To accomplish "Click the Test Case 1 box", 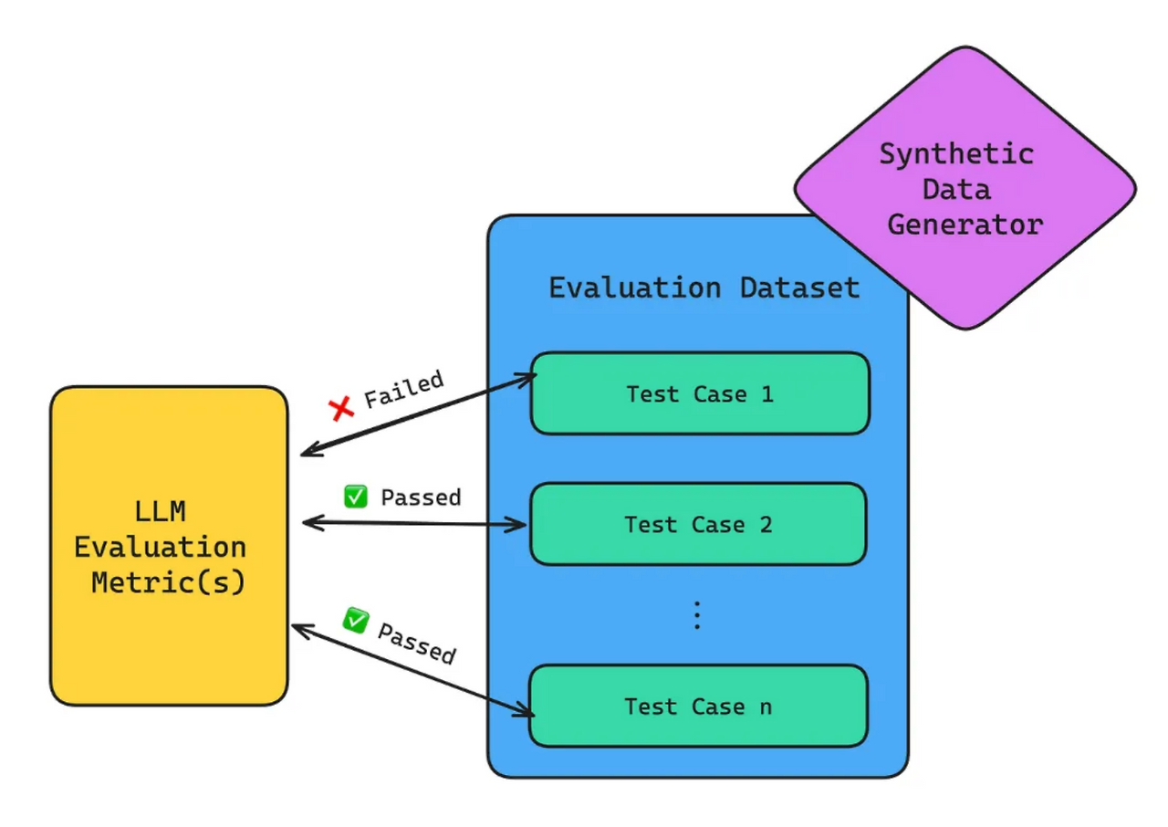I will pyautogui.click(x=700, y=393).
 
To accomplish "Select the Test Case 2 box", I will pyautogui.click(x=698, y=524).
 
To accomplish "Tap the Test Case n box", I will pyautogui.click(x=698, y=706).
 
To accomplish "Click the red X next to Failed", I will pyautogui.click(x=342, y=408).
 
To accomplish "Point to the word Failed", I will pyautogui.click(x=403, y=389).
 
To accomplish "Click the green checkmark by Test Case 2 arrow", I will pyautogui.click(x=355, y=497).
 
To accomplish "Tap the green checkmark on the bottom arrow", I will pyautogui.click(x=355, y=621).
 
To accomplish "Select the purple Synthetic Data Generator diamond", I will pyautogui.click(x=965, y=189).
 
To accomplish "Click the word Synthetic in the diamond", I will pyautogui.click(x=956, y=153).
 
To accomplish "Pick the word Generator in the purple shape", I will pyautogui.click(x=965, y=225).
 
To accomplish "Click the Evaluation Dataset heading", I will pyautogui.click(x=704, y=288).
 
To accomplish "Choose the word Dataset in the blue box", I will pyautogui.click(x=799, y=288).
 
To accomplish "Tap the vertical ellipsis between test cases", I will pyautogui.click(x=696, y=616).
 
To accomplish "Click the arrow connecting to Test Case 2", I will pyautogui.click(x=414, y=523).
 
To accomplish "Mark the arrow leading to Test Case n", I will pyautogui.click(x=412, y=668).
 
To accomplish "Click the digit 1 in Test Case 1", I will pyautogui.click(x=766, y=393).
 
